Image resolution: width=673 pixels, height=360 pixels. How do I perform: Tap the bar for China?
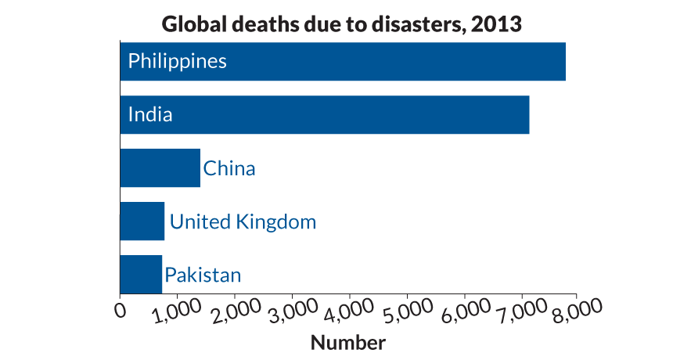[160, 167]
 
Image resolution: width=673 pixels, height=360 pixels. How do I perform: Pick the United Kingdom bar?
[142, 221]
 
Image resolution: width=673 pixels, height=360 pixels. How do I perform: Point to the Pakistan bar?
[141, 274]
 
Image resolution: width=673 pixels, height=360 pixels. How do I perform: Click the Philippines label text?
[178, 61]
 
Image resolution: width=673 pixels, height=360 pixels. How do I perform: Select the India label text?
[150, 114]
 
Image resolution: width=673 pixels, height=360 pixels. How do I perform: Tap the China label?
[229, 168]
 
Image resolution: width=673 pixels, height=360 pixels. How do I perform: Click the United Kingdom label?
[243, 221]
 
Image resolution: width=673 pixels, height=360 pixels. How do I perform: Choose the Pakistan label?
[203, 275]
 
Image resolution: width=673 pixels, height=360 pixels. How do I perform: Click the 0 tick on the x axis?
[120, 311]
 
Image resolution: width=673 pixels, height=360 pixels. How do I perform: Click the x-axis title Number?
[348, 342]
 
